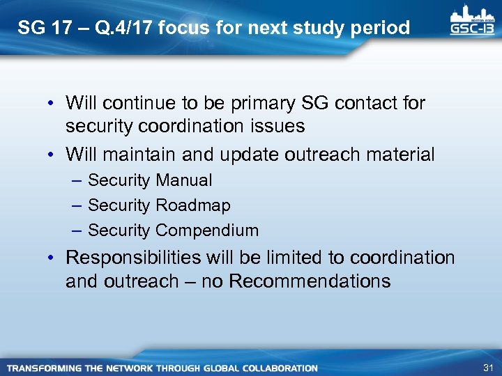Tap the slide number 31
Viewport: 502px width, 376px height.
(x=487, y=368)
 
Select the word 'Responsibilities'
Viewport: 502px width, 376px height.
(x=132, y=258)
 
